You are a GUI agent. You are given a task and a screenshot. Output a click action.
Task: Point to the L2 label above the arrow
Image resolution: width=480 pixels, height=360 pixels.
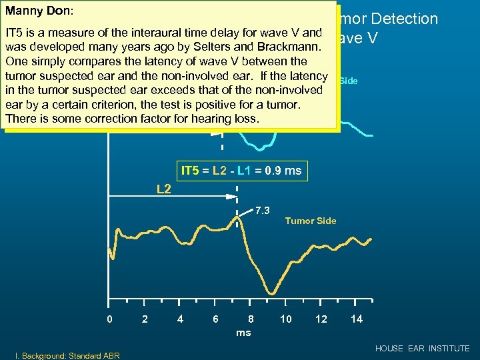coord(164,189)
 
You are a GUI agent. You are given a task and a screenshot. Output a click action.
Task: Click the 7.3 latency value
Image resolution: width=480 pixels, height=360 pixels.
coord(262,211)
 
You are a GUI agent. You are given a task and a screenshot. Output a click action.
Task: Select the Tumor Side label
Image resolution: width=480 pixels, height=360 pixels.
coord(311,221)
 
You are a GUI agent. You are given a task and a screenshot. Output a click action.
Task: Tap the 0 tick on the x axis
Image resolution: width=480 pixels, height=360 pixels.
coord(110,319)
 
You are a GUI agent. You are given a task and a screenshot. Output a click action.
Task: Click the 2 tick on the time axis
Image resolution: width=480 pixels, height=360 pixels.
coord(145,319)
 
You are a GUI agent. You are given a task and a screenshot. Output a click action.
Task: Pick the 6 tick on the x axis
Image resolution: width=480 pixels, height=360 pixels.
coord(215,319)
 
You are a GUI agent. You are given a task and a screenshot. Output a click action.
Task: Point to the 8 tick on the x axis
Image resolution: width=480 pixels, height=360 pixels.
coord(251,319)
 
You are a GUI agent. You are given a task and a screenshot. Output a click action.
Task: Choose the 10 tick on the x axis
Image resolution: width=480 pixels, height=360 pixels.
coord(285,319)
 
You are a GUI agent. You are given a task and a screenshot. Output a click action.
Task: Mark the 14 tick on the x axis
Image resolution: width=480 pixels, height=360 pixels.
coord(357,319)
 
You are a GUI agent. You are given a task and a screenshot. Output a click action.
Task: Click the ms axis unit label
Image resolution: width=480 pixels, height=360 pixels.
coord(243,332)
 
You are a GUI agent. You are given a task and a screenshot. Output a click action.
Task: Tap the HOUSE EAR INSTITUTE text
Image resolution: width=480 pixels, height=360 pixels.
coord(422,349)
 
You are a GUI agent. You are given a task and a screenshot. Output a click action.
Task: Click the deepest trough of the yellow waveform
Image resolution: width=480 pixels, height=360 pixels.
coord(271,292)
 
